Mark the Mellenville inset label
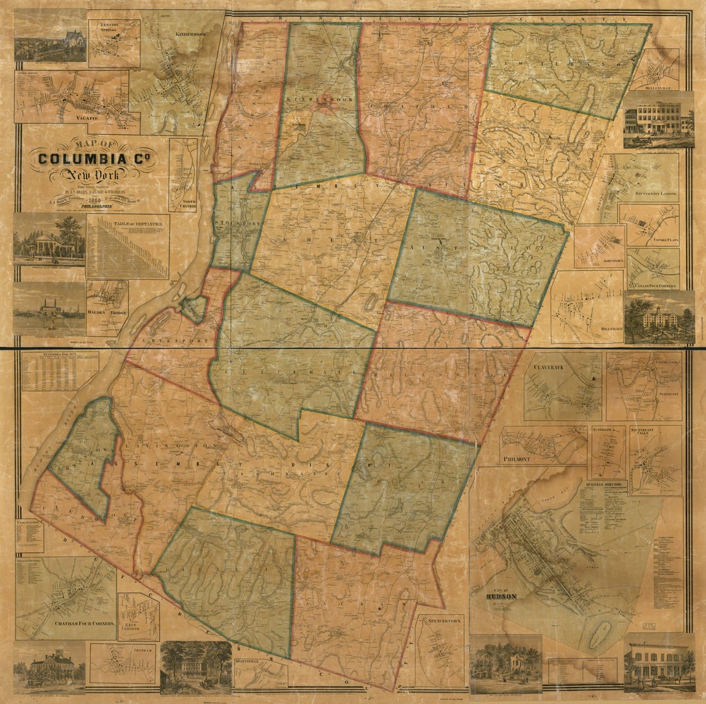coord(653,84)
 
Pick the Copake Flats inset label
coord(658,239)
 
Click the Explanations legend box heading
coord(30,523)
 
